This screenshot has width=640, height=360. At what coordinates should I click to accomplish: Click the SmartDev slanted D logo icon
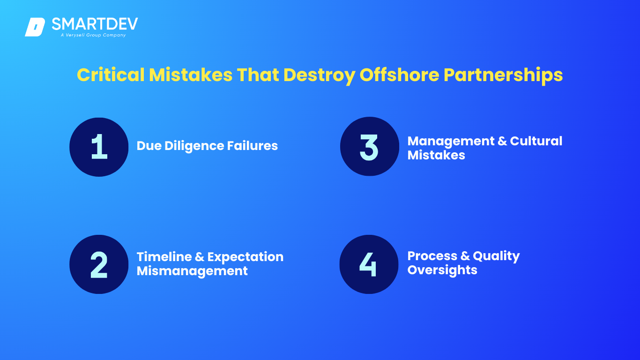coord(35,27)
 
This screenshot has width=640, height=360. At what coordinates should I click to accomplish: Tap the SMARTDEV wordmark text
coord(95,24)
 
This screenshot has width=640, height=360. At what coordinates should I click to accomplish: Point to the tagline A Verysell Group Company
coord(93,35)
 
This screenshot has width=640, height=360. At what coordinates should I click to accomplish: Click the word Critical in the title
coord(111,75)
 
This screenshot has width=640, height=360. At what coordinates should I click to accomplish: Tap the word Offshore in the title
coord(399,75)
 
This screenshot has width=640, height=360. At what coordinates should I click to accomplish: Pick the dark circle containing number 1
coord(99,147)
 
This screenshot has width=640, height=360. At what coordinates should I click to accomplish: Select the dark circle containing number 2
coord(99,264)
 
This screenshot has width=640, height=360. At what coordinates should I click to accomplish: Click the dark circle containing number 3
coord(369,146)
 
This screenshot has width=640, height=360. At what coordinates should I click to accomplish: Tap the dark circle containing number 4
coord(369,264)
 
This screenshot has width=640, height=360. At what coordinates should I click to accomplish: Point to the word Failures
coord(252,146)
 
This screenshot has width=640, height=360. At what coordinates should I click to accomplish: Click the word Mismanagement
coord(192,271)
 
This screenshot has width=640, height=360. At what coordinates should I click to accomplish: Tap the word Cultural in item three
coord(536,141)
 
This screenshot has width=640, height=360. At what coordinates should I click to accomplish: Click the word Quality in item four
coord(496,256)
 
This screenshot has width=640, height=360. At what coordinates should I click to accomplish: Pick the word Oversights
coord(442,270)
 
